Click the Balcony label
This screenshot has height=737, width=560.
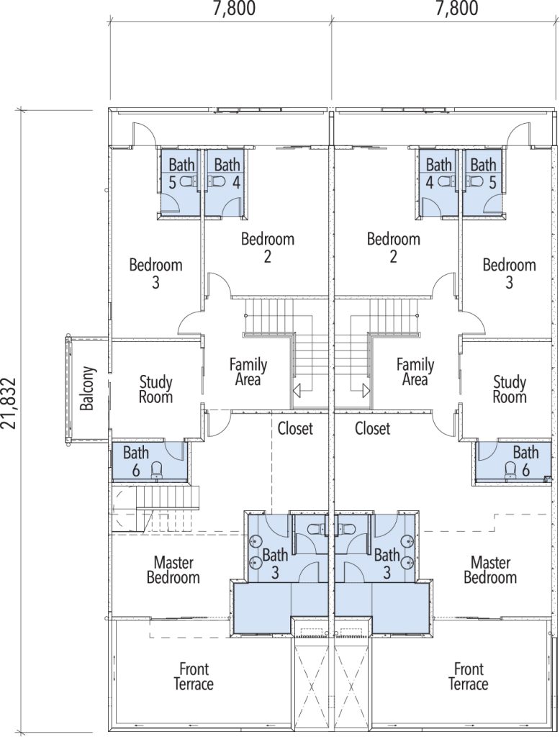tap(88, 388)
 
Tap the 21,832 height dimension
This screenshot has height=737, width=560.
tap(9, 402)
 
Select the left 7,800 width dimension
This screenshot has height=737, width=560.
tap(234, 8)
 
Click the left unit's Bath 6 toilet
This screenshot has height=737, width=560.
tap(157, 469)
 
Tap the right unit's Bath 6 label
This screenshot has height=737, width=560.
tap(525, 461)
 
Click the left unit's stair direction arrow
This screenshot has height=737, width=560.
tap(298, 389)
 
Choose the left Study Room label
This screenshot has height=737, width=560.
tap(155, 389)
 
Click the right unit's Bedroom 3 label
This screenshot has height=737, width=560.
tap(509, 273)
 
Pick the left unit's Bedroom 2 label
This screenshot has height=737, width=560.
tap(268, 248)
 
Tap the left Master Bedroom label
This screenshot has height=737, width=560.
tap(173, 570)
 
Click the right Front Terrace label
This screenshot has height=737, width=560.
tap(469, 676)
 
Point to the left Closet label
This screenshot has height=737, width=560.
tap(295, 428)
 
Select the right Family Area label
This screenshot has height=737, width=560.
tap(415, 371)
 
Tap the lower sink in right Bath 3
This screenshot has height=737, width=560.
tap(408, 561)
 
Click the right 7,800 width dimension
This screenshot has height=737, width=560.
tap(456, 8)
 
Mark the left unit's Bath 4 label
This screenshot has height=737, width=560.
tap(227, 173)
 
